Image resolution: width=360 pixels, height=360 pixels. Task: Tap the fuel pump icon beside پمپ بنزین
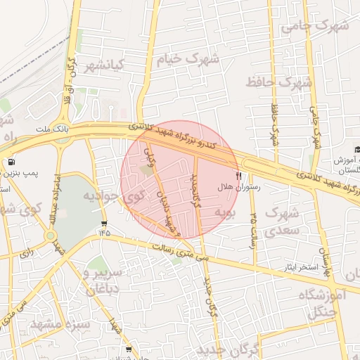click(x=12, y=163)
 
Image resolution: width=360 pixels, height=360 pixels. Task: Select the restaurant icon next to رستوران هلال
click(x=238, y=176)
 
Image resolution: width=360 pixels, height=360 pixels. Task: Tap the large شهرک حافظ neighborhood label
click(x=278, y=83)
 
